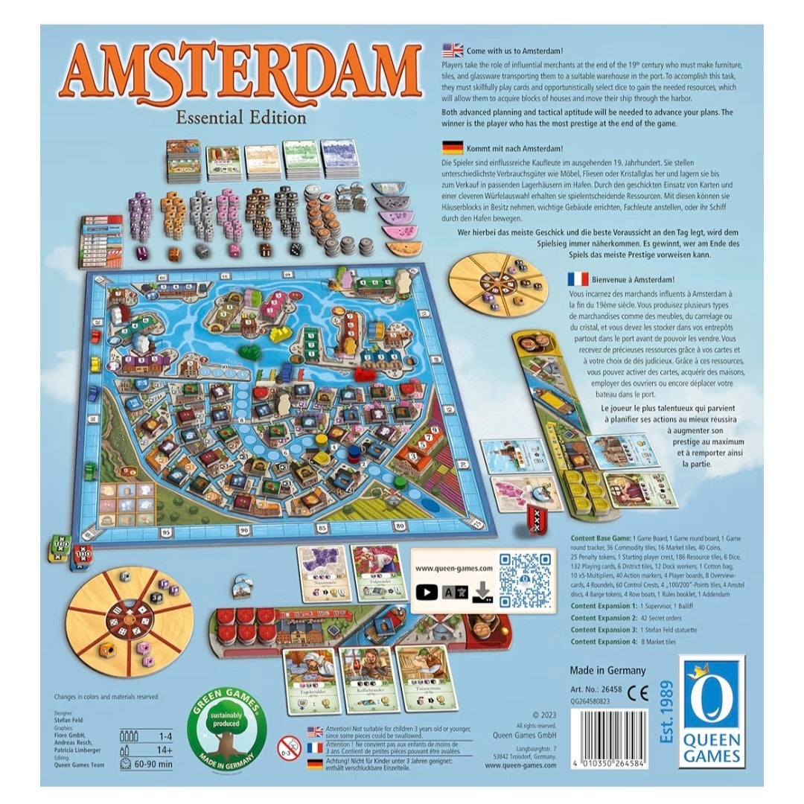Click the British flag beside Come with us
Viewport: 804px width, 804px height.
[452, 51]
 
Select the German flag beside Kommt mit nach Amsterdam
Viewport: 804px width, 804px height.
[452, 147]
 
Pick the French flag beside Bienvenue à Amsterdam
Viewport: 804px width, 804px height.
[576, 279]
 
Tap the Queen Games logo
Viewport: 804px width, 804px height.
[711, 715]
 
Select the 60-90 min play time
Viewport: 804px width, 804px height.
[160, 764]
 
